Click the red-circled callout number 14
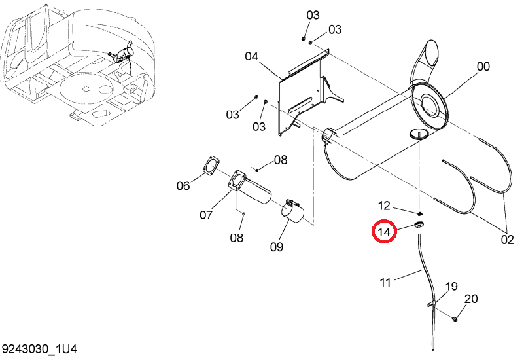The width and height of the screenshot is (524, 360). tap(384, 232)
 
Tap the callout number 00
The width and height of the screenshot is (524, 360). tap(483, 67)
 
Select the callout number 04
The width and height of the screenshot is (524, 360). tap(251, 56)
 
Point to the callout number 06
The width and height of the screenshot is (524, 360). tap(183, 185)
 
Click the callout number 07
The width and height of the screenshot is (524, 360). tap(206, 215)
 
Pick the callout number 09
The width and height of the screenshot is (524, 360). tap(276, 247)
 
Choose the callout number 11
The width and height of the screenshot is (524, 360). tap(385, 283)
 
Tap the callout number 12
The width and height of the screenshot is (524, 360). tap(384, 206)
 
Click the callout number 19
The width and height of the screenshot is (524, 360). tap(451, 287)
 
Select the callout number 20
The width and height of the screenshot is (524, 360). tap(471, 299)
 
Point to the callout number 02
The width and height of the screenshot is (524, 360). tap(507, 240)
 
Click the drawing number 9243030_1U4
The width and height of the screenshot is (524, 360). tap(39, 350)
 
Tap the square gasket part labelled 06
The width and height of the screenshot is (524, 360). tap(211, 165)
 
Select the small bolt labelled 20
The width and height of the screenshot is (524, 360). tap(455, 319)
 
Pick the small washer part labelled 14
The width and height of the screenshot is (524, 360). tap(419, 225)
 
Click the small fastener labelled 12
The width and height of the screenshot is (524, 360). tap(420, 213)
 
